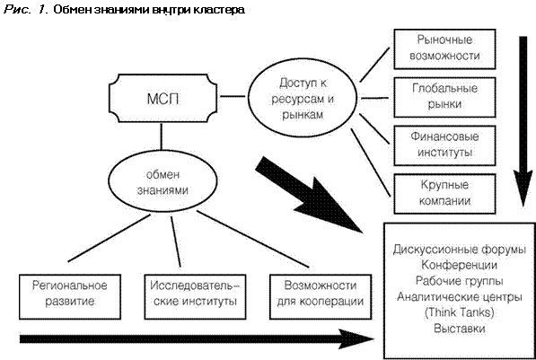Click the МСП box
[x=163, y=98]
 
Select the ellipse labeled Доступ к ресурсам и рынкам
[x=303, y=98]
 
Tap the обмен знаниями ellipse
[x=163, y=181]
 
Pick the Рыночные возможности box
[x=444, y=48]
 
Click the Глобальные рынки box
[x=444, y=97]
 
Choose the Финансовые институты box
[x=444, y=145]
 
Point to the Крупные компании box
[x=444, y=194]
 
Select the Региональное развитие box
[x=70, y=296]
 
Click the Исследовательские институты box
[x=195, y=296]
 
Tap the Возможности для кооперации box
[x=321, y=296]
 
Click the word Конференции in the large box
[x=459, y=265]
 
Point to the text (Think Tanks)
[x=459, y=312]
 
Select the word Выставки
[x=459, y=329]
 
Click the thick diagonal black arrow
[x=310, y=195]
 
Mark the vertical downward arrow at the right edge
[x=523, y=121]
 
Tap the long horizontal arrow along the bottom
[x=197, y=338]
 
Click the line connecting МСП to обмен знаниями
[x=162, y=136]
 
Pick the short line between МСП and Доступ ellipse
[x=233, y=96]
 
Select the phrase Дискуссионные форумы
[x=459, y=250]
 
